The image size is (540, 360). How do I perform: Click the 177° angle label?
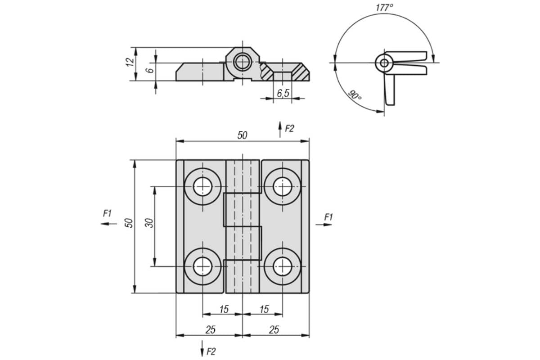pyautogui.click(x=384, y=8)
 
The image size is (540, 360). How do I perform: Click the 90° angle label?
pyautogui.click(x=355, y=95)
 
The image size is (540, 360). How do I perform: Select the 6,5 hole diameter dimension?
pyautogui.click(x=283, y=93)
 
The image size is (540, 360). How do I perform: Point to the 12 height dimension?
pyautogui.click(x=130, y=62)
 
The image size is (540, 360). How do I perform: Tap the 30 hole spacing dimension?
pyautogui.click(x=149, y=223)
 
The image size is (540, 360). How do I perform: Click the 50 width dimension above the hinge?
pyautogui.click(x=242, y=135)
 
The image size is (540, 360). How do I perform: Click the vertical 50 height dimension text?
pyautogui.click(x=129, y=223)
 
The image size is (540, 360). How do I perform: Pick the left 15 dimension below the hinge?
pyautogui.click(x=224, y=309)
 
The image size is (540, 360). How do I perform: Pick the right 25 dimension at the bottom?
pyautogui.click(x=274, y=329)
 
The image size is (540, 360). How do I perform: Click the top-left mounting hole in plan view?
pyautogui.click(x=202, y=187)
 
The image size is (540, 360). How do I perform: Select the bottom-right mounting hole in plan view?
pyautogui.click(x=283, y=266)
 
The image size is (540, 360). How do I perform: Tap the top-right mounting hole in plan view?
pyautogui.click(x=283, y=187)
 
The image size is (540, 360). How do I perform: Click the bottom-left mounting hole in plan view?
pyautogui.click(x=202, y=266)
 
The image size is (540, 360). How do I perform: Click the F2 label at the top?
pyautogui.click(x=289, y=129)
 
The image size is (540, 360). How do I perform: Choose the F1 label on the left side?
pyautogui.click(x=107, y=213)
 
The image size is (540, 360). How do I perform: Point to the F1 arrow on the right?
pyautogui.click(x=324, y=225)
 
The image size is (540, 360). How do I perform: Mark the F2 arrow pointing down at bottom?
pyautogui.click(x=202, y=348)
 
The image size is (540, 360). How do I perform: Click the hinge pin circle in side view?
pyautogui.click(x=242, y=62)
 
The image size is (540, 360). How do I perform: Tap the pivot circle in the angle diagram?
pyautogui.click(x=384, y=63)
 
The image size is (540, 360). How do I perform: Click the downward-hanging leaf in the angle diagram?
pyautogui.click(x=390, y=89)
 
